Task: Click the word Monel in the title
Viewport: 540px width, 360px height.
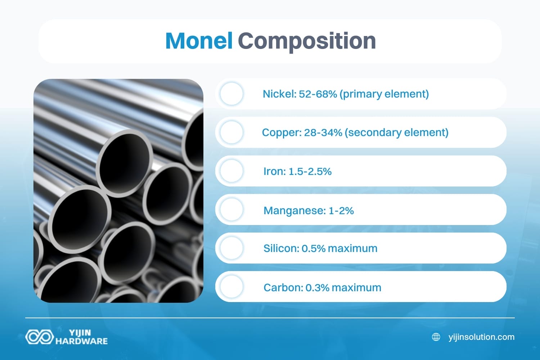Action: pyautogui.click(x=199, y=41)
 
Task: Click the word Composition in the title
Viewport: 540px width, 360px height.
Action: pyautogui.click(x=307, y=41)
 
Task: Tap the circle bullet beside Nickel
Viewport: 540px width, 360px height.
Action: pyautogui.click(x=231, y=94)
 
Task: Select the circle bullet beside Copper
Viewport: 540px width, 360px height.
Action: pyautogui.click(x=231, y=132)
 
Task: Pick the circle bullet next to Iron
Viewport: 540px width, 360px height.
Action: pyautogui.click(x=231, y=171)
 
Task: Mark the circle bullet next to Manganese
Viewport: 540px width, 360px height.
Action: pyautogui.click(x=231, y=210)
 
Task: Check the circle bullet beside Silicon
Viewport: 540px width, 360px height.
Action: pyautogui.click(x=231, y=248)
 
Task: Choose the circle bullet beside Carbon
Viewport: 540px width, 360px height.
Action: pyautogui.click(x=231, y=287)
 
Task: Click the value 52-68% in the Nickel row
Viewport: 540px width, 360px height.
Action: pyautogui.click(x=318, y=94)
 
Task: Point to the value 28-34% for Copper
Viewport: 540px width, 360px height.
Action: pyautogui.click(x=323, y=132)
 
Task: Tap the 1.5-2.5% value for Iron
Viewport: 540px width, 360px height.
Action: pyautogui.click(x=310, y=171)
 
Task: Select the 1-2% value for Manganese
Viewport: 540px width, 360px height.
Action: pyautogui.click(x=341, y=210)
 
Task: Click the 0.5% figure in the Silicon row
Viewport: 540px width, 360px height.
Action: pyautogui.click(x=314, y=248)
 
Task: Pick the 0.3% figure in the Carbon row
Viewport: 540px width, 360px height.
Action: pyautogui.click(x=317, y=288)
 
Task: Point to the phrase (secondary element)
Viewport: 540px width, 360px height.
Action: pyautogui.click(x=396, y=132)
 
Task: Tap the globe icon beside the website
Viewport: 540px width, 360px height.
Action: pyautogui.click(x=436, y=337)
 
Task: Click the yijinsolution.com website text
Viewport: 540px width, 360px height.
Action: pyautogui.click(x=481, y=337)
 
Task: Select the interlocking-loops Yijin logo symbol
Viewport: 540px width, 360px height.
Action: pyautogui.click(x=39, y=337)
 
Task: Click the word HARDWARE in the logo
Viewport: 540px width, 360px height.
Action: pyautogui.click(x=82, y=341)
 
